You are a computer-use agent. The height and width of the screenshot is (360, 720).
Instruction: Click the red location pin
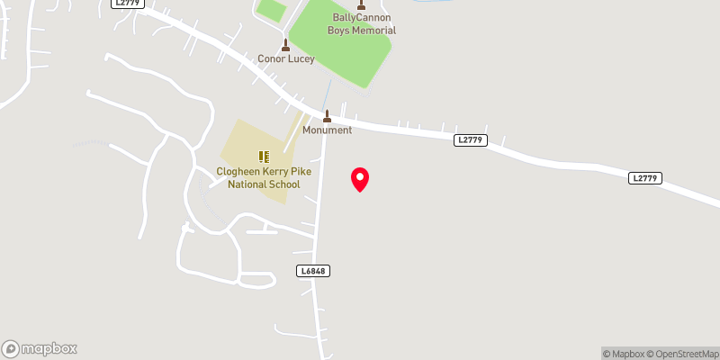[360, 179]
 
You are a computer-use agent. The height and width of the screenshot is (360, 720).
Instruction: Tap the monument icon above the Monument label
[327, 116]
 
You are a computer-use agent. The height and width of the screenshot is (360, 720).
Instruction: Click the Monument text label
[327, 130]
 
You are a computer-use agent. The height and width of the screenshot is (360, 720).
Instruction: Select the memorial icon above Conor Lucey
[286, 45]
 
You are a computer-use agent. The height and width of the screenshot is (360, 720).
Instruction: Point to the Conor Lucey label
[286, 59]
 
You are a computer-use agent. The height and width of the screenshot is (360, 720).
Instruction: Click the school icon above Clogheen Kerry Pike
[264, 157]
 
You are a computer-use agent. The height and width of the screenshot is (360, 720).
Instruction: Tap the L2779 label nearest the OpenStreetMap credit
[644, 178]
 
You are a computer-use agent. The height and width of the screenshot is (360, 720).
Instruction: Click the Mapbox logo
[40, 348]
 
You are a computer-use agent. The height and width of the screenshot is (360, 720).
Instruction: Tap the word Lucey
[300, 59]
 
